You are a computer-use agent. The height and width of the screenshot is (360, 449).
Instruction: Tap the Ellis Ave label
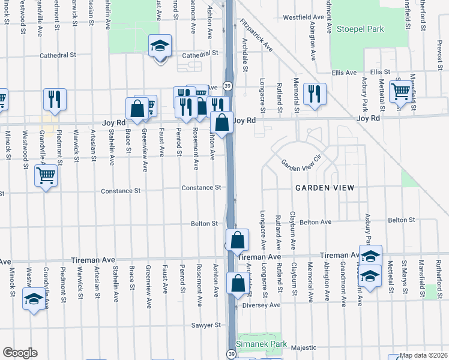click(x=344, y=73)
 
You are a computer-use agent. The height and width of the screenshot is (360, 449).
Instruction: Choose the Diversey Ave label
click(x=262, y=305)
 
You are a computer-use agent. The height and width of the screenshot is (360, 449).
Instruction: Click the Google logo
click(x=20, y=353)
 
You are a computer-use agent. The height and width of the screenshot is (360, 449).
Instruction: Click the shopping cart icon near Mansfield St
click(x=400, y=92)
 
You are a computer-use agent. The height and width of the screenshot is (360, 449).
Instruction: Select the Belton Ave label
click(x=315, y=222)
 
